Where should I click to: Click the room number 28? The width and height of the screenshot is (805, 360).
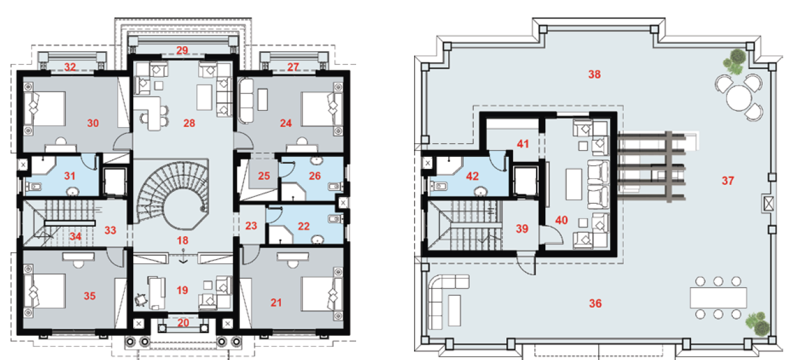(x=189, y=123)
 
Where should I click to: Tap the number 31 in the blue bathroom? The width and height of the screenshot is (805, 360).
(x=70, y=176)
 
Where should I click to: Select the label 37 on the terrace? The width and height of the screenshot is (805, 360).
(x=728, y=181)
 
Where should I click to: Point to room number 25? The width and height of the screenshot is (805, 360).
(x=264, y=176)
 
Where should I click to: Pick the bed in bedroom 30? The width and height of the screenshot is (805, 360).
(x=45, y=108)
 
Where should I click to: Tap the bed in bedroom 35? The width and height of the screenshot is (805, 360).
(x=45, y=291)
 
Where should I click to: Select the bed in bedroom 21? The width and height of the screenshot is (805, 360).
(x=322, y=293)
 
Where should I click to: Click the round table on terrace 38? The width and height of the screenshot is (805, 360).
(x=739, y=98)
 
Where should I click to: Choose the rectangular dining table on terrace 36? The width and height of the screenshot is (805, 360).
(x=718, y=298)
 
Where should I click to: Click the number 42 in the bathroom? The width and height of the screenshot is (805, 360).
(x=472, y=176)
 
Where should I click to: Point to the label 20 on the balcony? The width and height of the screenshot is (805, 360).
(x=183, y=323)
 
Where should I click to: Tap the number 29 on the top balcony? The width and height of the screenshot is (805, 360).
(x=182, y=50)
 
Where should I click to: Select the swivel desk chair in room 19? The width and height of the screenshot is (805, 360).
(x=141, y=300)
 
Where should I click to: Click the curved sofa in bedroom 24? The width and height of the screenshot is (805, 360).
(x=247, y=101)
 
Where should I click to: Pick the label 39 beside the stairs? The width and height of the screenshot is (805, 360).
(x=522, y=229)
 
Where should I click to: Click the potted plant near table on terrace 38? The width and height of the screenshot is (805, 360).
(x=735, y=62)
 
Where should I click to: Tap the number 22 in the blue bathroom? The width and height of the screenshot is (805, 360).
(x=304, y=226)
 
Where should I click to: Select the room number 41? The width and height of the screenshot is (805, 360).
(x=523, y=144)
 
